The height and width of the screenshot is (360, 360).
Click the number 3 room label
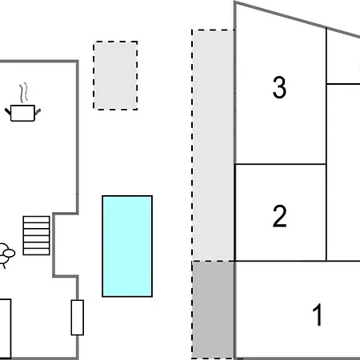pyautogui.click(x=279, y=87)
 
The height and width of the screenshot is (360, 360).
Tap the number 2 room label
pyautogui.click(x=279, y=216)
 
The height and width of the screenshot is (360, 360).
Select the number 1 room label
pyautogui.click(x=318, y=314)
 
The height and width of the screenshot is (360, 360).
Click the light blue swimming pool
pyautogui.click(x=127, y=246)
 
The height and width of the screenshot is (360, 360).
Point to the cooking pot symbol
pyautogui.click(x=22, y=113)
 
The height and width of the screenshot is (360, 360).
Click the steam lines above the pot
pyautogui.click(x=23, y=93)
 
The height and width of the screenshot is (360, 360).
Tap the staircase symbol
pyautogui.click(x=36, y=235)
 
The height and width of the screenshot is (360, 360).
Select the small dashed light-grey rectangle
pyautogui.click(x=115, y=75)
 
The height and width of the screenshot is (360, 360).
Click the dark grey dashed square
pyautogui.click(x=213, y=310)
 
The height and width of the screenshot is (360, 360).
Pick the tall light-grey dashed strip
pyautogui.click(x=213, y=146)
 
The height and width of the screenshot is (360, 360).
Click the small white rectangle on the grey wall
pyautogui.click(x=78, y=318)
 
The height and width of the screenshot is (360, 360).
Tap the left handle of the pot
pyautogui.click(x=8, y=111)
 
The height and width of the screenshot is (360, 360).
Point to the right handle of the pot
pyautogui.click(x=38, y=112)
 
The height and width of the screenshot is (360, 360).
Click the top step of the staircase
pyautogui.click(x=36, y=219)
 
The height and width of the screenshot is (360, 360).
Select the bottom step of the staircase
pyautogui.click(x=36, y=252)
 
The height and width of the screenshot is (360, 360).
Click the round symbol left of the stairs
pyautogui.click(x=6, y=253)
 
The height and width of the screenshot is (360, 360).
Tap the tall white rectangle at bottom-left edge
pyautogui.click(x=6, y=329)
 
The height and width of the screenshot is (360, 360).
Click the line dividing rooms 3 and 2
pyautogui.click(x=280, y=164)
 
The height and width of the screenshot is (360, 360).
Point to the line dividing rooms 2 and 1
pyautogui.click(x=298, y=261)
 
